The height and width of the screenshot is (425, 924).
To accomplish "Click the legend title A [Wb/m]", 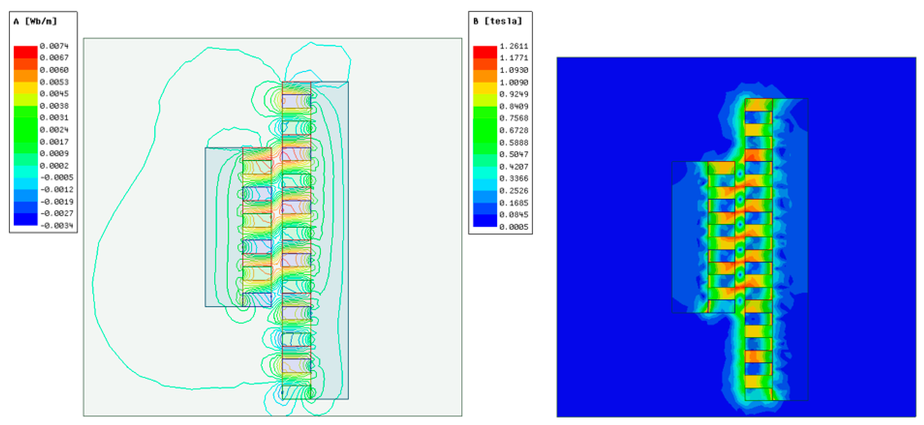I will pos(35,21).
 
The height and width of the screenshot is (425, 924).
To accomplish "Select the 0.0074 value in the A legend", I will pos(54,46).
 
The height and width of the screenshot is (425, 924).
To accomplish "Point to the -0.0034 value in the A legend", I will pos(57,225).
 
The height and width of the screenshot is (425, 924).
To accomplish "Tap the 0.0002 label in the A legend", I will pos(54,166).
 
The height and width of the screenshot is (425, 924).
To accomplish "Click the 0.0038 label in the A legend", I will pos(54,106).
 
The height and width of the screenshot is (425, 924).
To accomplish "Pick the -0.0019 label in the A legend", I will pos(57,201).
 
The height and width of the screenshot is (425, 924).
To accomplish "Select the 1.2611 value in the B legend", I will pos(514,46).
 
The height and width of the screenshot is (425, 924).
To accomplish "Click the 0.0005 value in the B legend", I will pos(514,227).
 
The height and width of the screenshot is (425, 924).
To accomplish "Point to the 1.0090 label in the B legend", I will pos(514,82).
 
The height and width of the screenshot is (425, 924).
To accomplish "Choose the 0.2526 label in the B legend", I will pos(514,191).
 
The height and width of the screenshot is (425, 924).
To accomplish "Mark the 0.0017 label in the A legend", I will pos(54,142).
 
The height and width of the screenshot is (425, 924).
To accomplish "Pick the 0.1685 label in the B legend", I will pos(514,203).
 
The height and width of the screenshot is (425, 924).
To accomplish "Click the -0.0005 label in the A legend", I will pos(57,177).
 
